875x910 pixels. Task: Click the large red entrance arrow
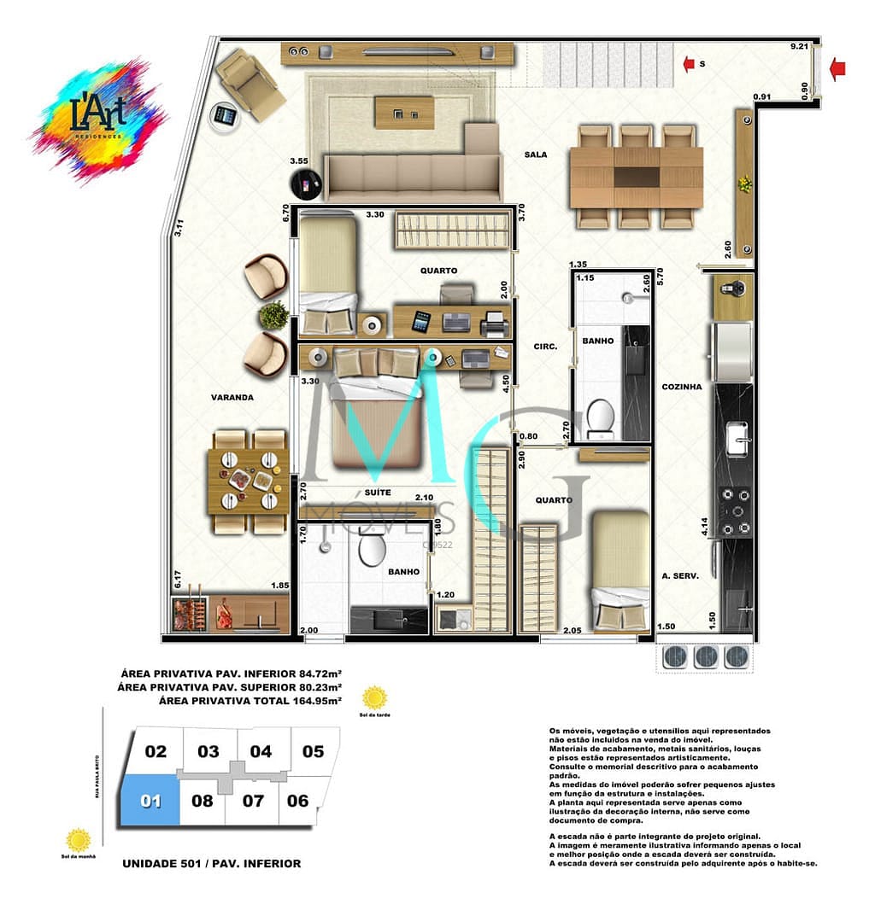[x=839, y=68]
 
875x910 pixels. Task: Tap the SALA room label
[x=536, y=155]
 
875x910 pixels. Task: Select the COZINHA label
[x=681, y=387]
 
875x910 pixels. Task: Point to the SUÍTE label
[x=377, y=493]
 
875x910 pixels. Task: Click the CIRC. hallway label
[x=545, y=347]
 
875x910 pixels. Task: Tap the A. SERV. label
[x=679, y=575]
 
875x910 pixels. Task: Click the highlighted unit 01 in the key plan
[x=150, y=800]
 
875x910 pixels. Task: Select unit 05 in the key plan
[x=313, y=751]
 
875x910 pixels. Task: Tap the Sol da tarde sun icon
[x=373, y=697]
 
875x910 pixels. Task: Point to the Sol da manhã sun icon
[x=79, y=839]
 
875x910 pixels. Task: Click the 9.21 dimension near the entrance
[x=799, y=46]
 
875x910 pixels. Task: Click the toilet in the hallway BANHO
[x=601, y=416]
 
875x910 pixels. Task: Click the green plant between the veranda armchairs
[x=273, y=315]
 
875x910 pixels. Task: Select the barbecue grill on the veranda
[x=189, y=612]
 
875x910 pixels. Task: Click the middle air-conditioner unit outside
[x=706, y=656]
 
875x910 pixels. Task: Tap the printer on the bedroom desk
[x=495, y=324]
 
